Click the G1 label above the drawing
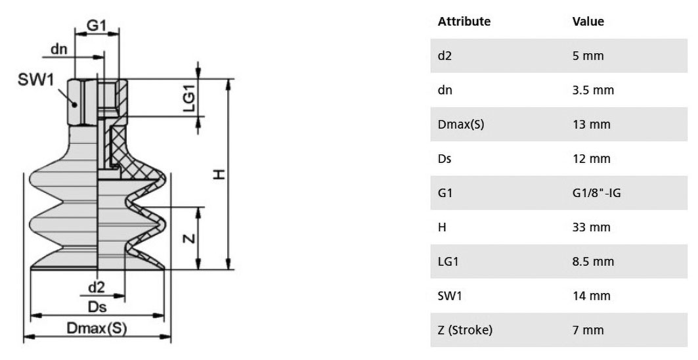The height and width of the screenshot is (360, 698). (96, 25)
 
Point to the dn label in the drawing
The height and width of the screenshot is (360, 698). (58, 49)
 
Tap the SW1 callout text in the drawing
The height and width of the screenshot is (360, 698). (35, 79)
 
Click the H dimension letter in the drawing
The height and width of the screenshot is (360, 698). (219, 174)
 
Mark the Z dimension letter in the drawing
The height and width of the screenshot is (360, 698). (189, 238)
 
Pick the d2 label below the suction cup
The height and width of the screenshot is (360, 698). (96, 287)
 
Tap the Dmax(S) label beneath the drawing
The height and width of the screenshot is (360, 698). (97, 328)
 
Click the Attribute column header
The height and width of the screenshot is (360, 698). (464, 22)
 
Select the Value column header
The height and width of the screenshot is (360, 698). (588, 22)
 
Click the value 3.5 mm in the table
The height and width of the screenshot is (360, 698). (593, 90)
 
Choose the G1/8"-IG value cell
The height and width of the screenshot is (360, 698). (596, 193)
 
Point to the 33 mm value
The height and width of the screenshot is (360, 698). (591, 227)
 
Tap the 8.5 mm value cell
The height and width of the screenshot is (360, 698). (593, 261)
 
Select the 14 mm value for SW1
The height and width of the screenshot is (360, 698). (591, 296)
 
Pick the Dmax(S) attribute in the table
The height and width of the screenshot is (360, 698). (461, 124)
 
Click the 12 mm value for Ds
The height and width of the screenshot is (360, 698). (591, 158)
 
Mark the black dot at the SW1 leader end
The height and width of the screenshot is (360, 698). (75, 104)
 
